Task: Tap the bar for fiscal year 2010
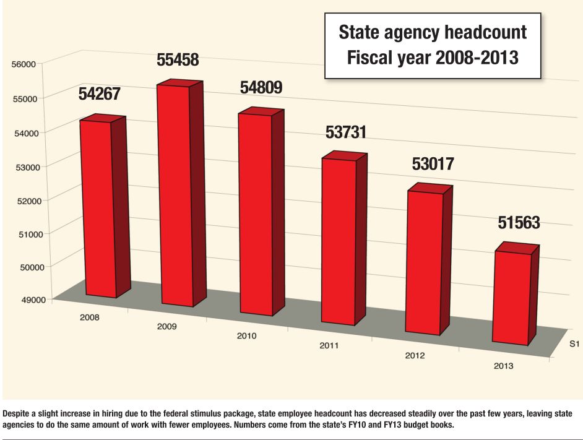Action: (x=254, y=214)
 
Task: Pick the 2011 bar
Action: (x=338, y=241)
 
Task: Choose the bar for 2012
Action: (x=423, y=263)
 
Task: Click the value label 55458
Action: (x=178, y=61)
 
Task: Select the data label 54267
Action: (x=99, y=95)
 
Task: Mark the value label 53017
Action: (x=433, y=165)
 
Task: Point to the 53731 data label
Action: (x=346, y=132)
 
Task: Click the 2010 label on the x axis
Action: (x=246, y=336)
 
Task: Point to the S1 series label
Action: (x=574, y=342)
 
